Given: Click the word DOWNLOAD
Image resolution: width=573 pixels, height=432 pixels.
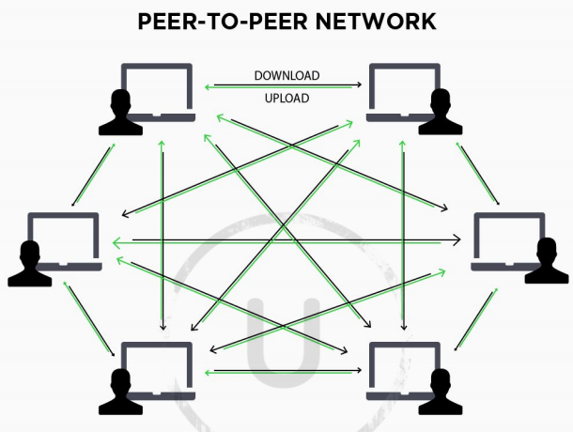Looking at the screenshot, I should pyautogui.click(x=287, y=75).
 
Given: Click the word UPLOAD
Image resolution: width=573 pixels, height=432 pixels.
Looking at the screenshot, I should pyautogui.click(x=287, y=98).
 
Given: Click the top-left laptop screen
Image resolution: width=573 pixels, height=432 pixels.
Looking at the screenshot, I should pyautogui.click(x=157, y=90).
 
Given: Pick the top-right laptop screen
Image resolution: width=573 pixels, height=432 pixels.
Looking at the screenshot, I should pyautogui.click(x=405, y=90).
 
